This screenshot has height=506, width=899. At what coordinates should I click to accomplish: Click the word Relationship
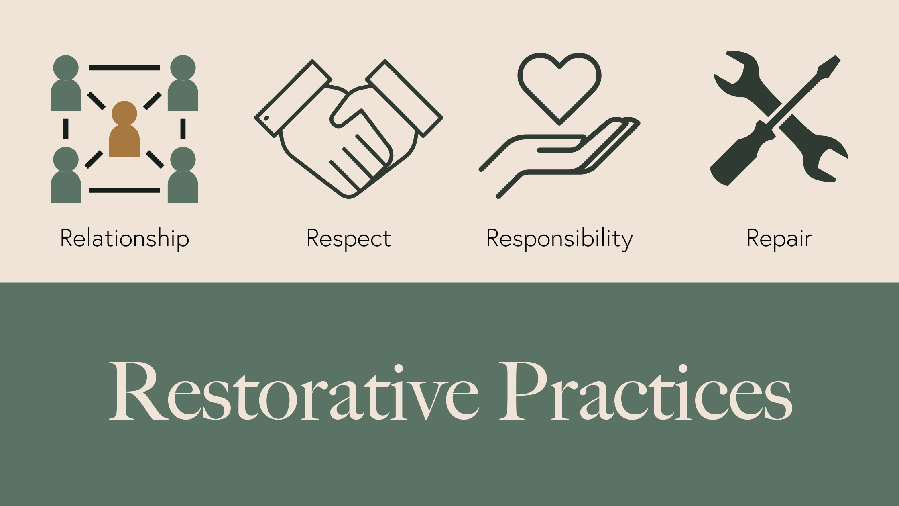124,238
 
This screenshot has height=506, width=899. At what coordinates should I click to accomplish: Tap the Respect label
348,238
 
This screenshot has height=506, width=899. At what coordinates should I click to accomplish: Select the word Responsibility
559,238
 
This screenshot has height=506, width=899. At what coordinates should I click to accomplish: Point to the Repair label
779,238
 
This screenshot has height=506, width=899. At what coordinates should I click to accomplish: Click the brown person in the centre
124,133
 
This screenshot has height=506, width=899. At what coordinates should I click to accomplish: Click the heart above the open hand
559,84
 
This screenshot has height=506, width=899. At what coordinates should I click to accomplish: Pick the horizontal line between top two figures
124,68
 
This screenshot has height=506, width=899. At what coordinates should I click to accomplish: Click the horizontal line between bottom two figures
124,190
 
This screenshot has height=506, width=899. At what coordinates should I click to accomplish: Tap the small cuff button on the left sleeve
266,118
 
